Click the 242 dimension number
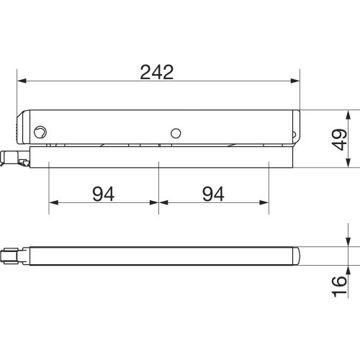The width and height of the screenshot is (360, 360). [x=157, y=72]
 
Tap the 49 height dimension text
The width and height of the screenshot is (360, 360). [x=339, y=140]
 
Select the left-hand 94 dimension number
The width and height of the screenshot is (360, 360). [x=104, y=194]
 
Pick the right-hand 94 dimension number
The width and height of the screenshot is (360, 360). [x=213, y=194]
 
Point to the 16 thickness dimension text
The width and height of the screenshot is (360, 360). [x=339, y=287]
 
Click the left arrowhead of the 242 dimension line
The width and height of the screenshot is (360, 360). [x=22, y=81]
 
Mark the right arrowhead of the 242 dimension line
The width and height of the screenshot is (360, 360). [x=295, y=81]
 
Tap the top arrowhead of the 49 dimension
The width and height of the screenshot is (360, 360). [x=348, y=114]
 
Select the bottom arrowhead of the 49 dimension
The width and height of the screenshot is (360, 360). [x=348, y=163]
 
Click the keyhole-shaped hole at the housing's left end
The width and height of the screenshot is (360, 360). [x=40, y=132]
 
